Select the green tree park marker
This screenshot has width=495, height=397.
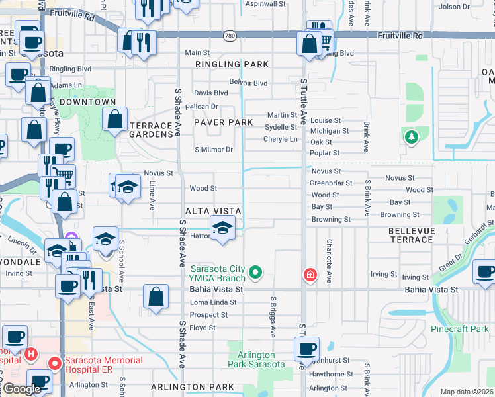click(x=412, y=137)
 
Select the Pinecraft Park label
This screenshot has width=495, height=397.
click(x=459, y=328)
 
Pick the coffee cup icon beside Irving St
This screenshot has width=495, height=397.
click(x=485, y=272)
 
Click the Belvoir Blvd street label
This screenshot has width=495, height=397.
click(x=248, y=83)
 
